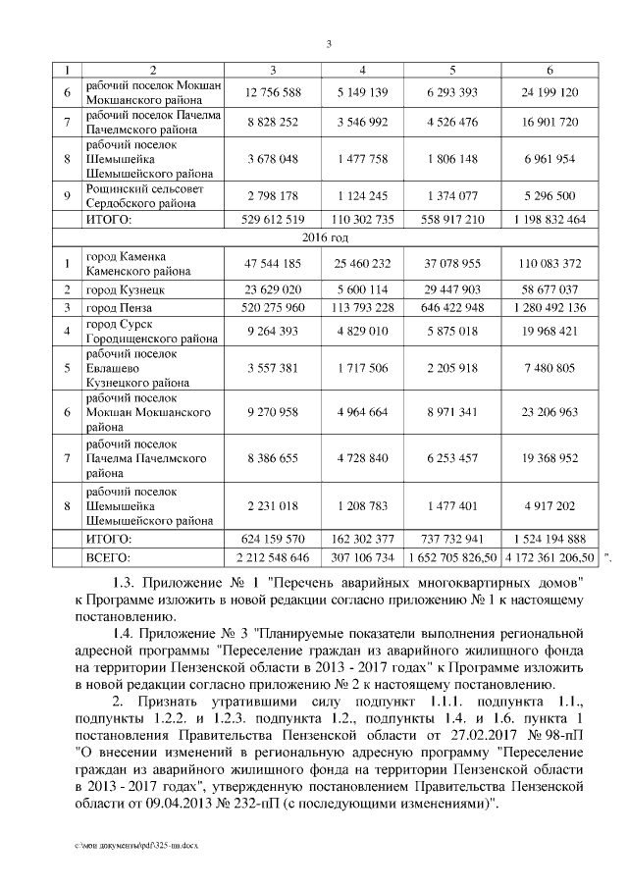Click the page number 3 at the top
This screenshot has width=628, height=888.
[328, 42]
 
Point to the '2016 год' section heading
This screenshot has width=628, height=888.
[327, 236]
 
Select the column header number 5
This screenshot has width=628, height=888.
[452, 71]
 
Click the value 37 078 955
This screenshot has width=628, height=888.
[452, 263]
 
